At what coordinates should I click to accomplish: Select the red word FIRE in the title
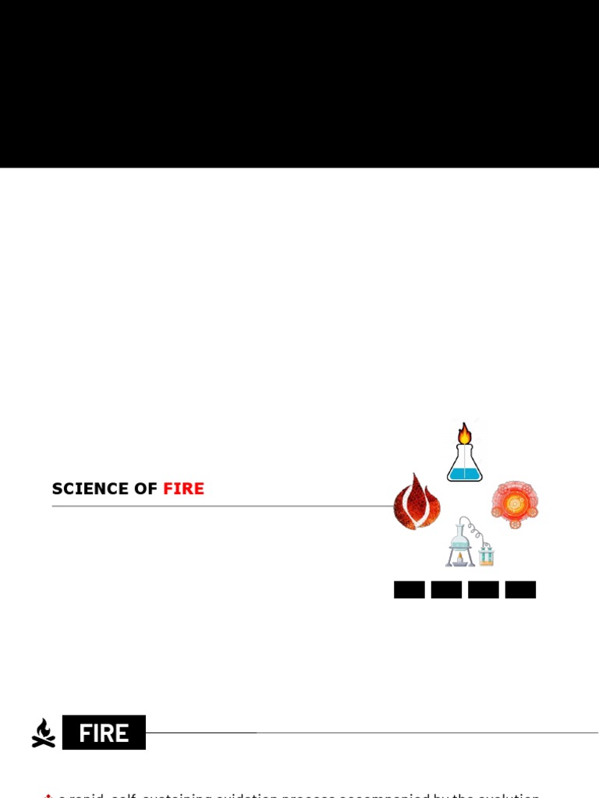184,489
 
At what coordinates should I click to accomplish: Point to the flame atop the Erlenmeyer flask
465,433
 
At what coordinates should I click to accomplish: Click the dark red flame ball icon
416,503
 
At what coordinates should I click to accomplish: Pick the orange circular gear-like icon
516,504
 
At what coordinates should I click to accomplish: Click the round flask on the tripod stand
459,538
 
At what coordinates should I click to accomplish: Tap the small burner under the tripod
459,558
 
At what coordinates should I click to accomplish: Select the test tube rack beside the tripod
487,555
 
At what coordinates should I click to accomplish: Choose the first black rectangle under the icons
409,590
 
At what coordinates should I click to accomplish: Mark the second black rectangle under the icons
446,590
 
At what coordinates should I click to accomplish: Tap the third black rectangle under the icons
483,590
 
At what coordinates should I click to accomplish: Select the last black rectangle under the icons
520,590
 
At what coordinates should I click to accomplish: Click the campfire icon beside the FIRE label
44,733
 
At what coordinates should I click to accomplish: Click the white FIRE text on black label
105,733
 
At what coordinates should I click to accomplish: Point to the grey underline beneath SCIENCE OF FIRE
218,506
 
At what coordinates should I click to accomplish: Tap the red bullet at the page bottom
48,795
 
